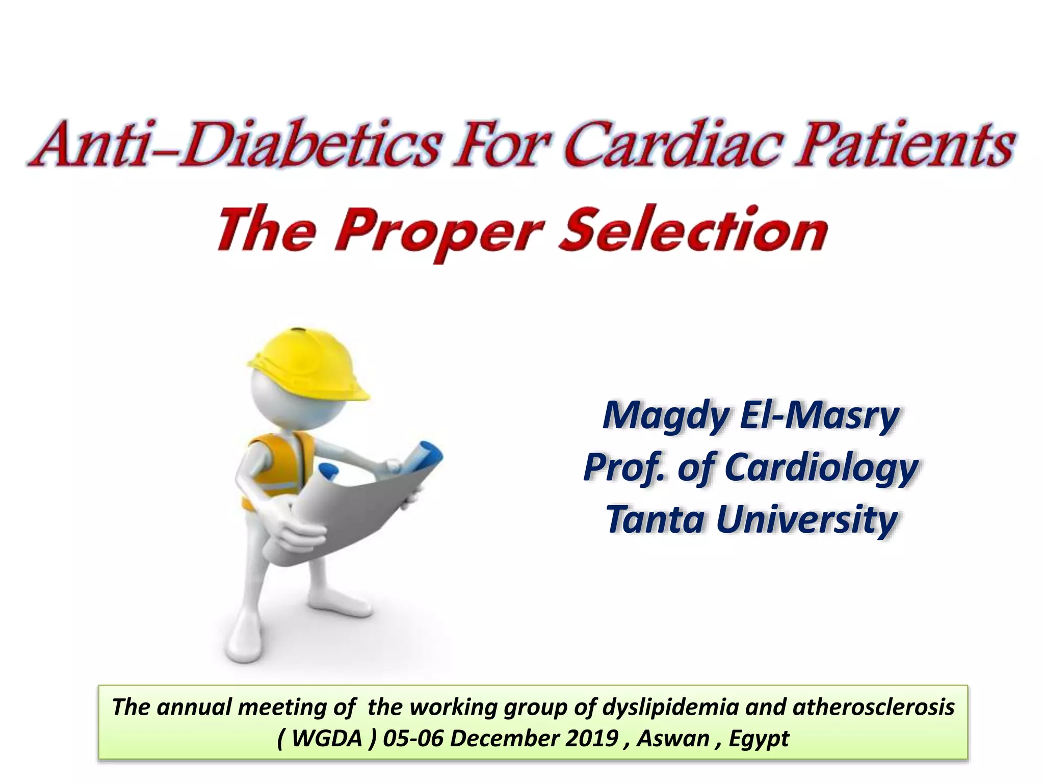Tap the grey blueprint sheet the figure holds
[352, 515]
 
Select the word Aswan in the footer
[672, 738]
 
